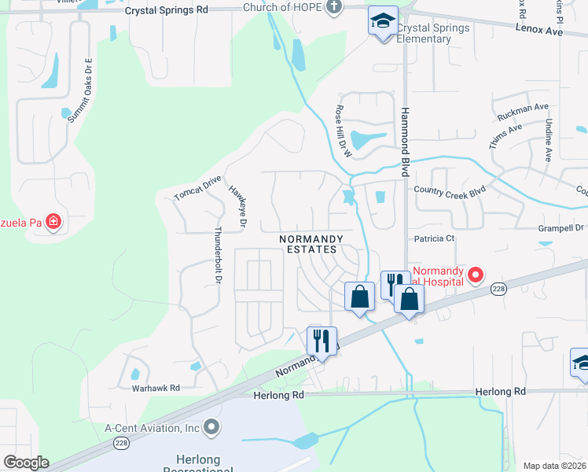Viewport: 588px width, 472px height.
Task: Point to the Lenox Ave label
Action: (540, 31)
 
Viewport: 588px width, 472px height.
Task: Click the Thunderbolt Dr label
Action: (219, 257)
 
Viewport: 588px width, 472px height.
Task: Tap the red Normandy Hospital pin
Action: (475, 275)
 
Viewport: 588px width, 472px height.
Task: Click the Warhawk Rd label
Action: (156, 388)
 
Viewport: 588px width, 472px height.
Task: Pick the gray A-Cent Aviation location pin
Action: (211, 428)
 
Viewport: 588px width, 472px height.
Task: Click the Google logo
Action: (26, 463)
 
